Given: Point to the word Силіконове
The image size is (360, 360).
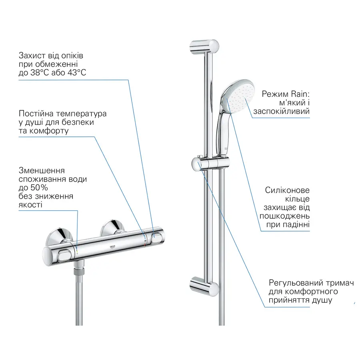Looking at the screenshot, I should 287,190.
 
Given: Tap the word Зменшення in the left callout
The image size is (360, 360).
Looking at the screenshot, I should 42,170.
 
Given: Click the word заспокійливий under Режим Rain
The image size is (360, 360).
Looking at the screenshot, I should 281,111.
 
